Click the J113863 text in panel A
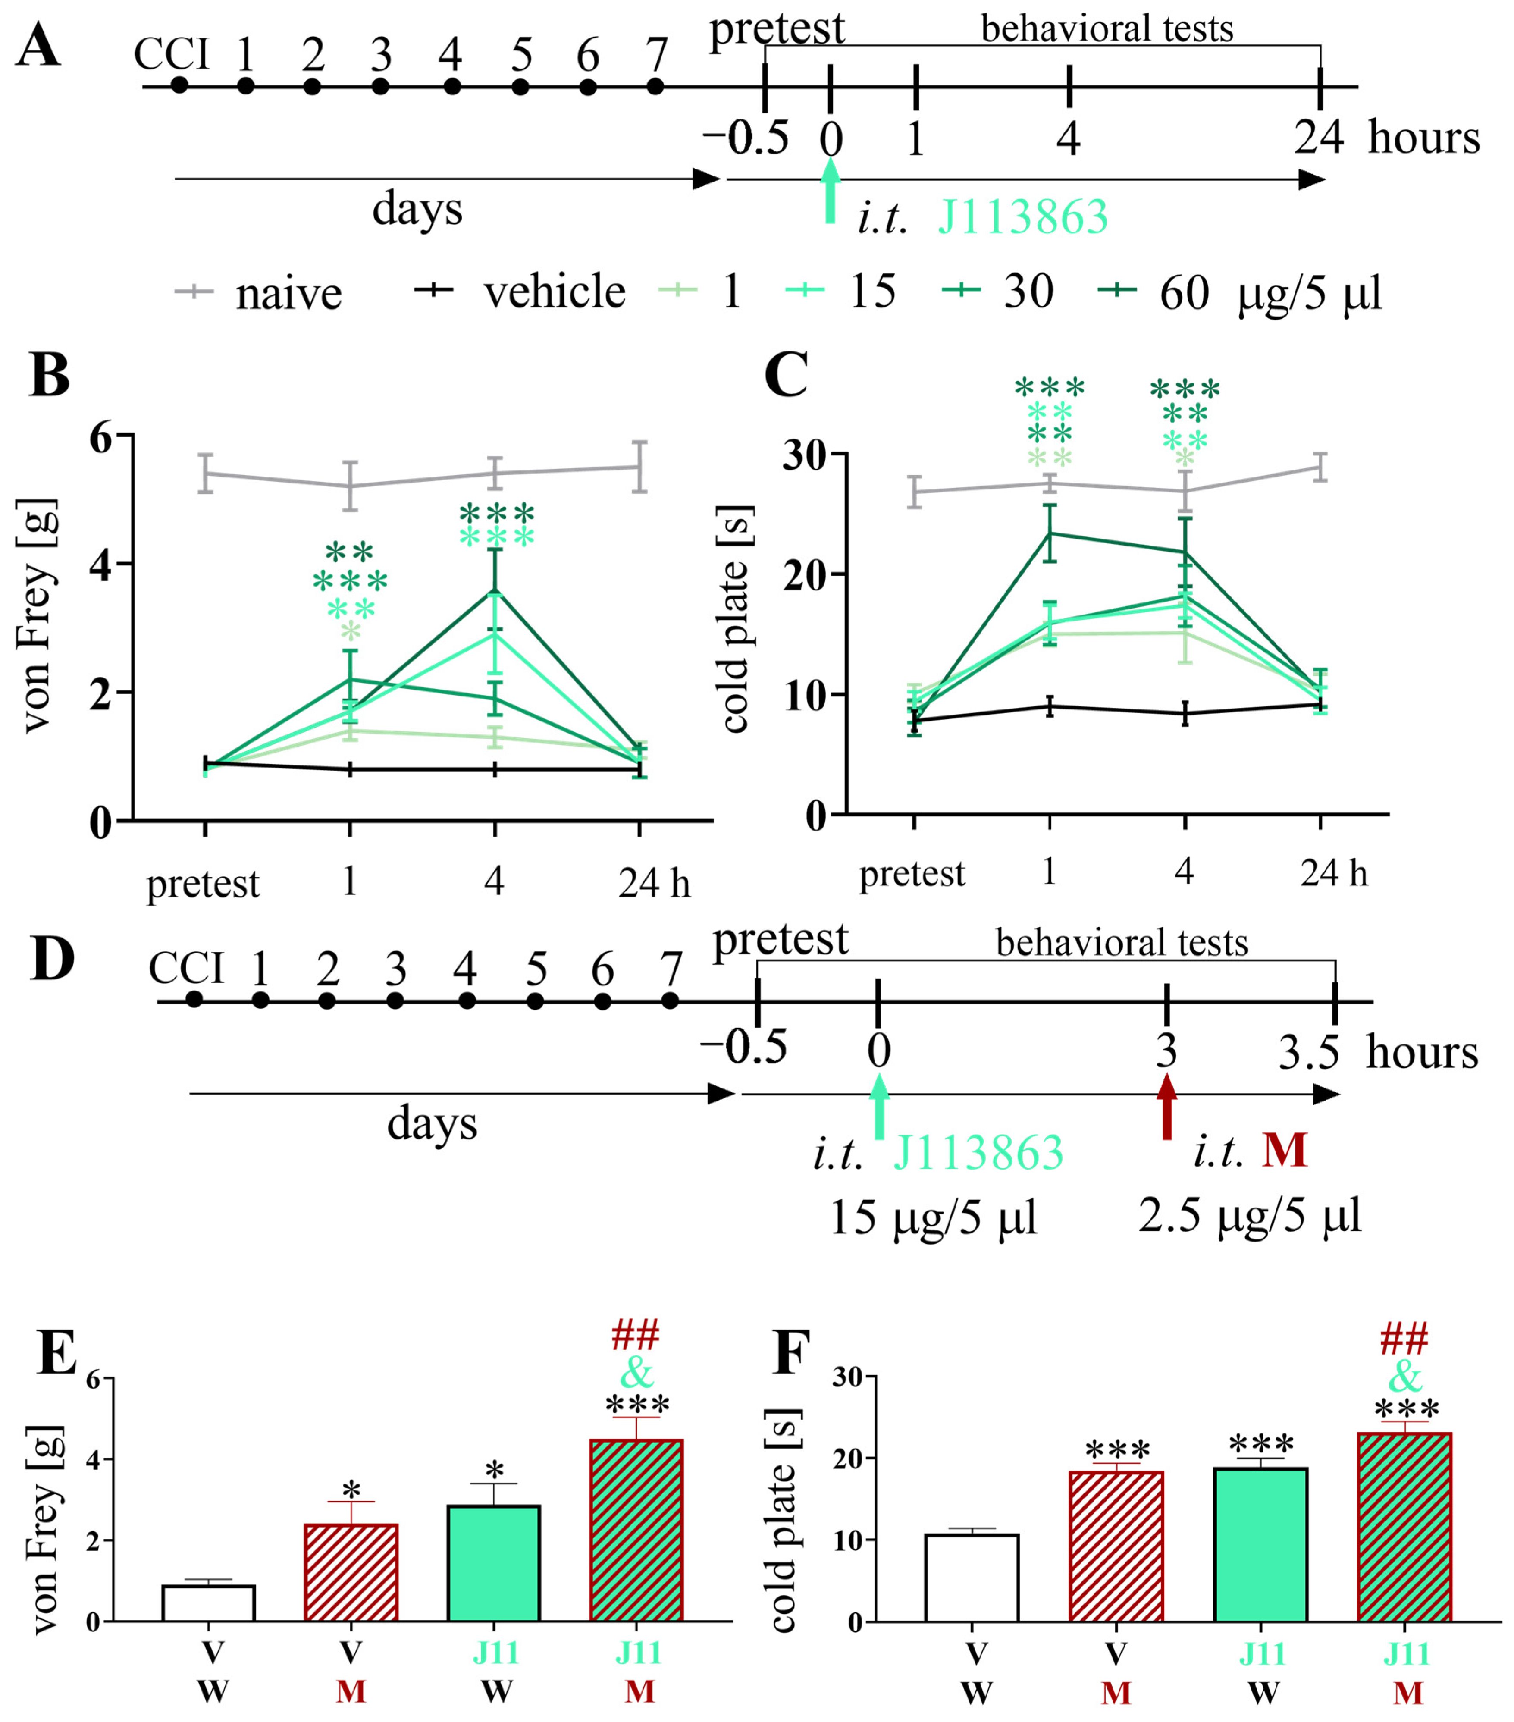point(1023,217)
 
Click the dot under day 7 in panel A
point(655,86)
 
